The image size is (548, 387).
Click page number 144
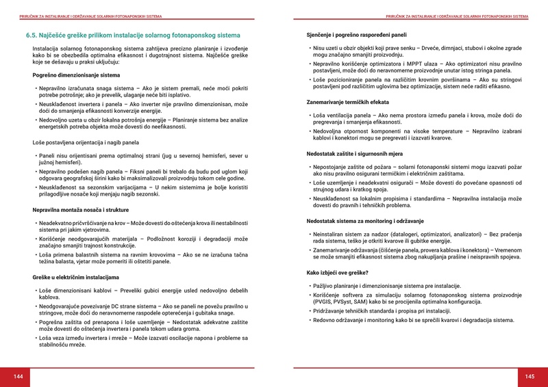pos(18,377)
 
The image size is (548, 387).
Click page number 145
pos(530,377)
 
